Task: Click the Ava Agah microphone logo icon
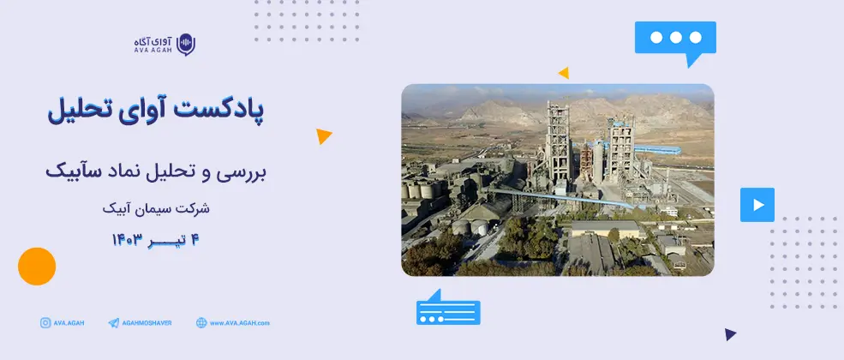point(186,45)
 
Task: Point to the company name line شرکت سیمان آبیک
point(156,208)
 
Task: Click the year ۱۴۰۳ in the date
point(127,240)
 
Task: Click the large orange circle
point(37,267)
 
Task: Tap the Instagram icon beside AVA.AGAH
point(45,323)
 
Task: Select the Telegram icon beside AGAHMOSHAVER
point(114,323)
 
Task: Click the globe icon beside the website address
point(201,323)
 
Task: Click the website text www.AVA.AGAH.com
point(240,323)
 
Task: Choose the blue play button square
point(757,205)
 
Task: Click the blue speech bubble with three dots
point(675,40)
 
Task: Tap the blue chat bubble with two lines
point(448,308)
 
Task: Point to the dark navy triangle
point(730,334)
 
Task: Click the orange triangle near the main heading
point(323,136)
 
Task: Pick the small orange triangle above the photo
point(564,73)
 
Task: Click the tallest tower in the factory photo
point(557,140)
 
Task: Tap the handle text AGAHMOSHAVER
point(147,323)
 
